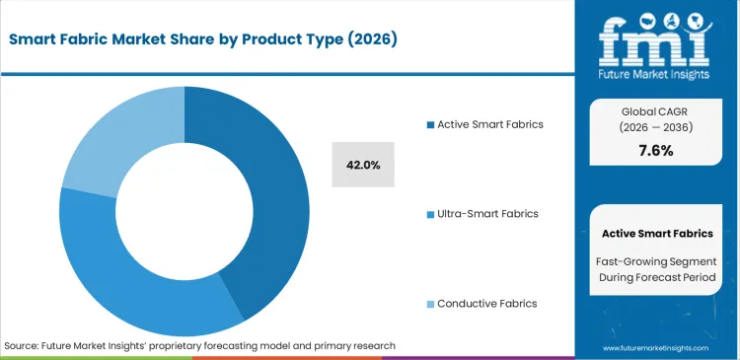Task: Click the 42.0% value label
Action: pos(363,164)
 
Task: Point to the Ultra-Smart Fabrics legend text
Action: pos(487,214)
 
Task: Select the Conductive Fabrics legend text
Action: pos(486,304)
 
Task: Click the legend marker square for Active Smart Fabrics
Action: pos(429,124)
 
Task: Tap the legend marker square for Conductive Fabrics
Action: pos(429,304)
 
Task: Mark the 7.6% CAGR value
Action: pos(656,150)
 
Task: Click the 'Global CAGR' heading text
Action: pos(656,109)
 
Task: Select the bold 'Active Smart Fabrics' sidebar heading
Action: pos(656,234)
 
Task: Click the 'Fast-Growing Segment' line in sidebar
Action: pos(656,260)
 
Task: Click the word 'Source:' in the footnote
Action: pos(23,346)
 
